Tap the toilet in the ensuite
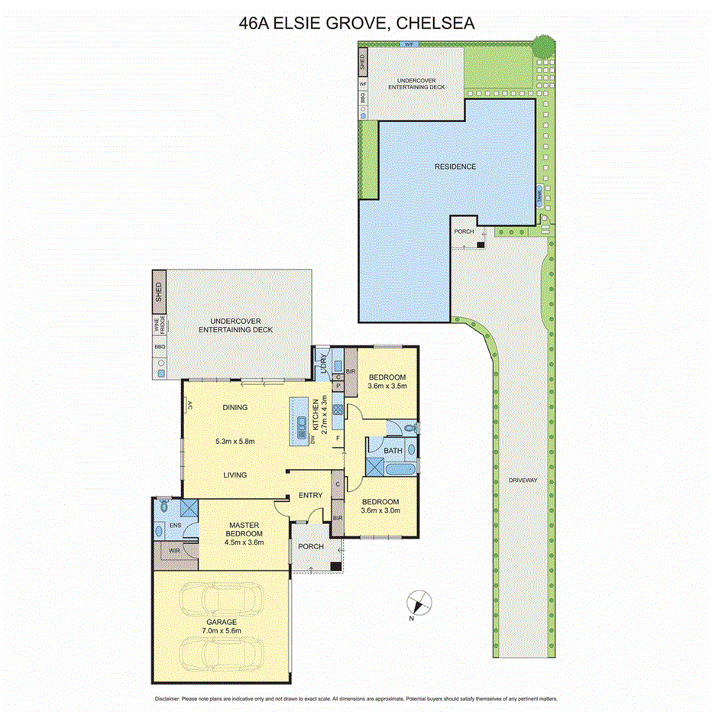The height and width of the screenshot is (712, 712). point(163,506)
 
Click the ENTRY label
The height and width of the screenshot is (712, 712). point(311,496)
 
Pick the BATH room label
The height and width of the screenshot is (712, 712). point(393,451)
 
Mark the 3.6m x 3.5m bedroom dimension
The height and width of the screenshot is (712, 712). point(387,387)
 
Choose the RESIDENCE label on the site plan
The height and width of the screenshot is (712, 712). point(455,167)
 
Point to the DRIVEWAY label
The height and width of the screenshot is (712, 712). point(523,481)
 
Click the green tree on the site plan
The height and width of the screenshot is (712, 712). point(543,46)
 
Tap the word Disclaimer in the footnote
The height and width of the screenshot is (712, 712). point(167,698)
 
